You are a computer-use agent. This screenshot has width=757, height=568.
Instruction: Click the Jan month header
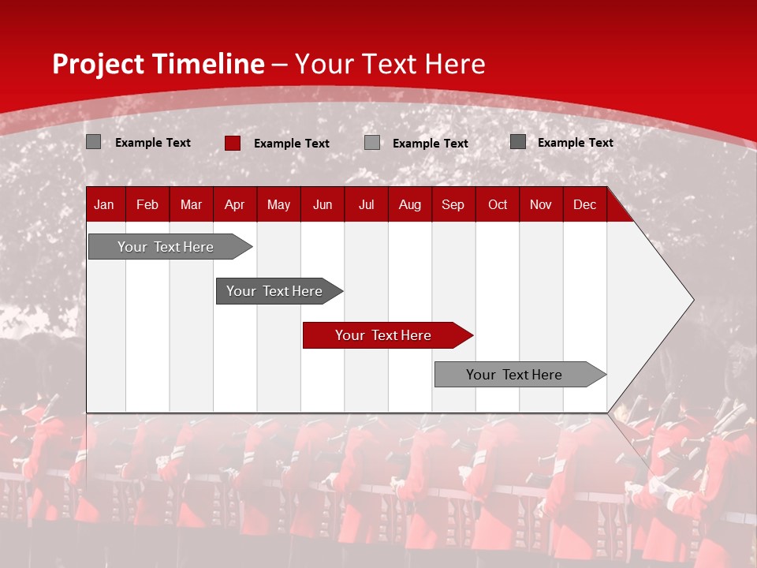pyautogui.click(x=104, y=204)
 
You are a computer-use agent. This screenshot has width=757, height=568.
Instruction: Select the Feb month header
pyautogui.click(x=147, y=204)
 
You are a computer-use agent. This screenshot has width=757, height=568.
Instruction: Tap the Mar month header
pyautogui.click(x=191, y=204)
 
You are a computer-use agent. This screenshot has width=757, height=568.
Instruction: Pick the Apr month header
pyautogui.click(x=234, y=204)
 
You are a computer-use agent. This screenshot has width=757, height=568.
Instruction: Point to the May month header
pyautogui.click(x=278, y=204)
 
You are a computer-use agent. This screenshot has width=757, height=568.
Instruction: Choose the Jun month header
pyautogui.click(x=323, y=204)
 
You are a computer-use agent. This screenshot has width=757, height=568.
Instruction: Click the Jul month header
pyautogui.click(x=366, y=204)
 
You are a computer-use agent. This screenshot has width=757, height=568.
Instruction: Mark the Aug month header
pyautogui.click(x=410, y=204)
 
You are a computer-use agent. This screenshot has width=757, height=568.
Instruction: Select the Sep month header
pyautogui.click(x=453, y=204)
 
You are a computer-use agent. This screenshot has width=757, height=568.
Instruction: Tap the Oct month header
pyautogui.click(x=498, y=204)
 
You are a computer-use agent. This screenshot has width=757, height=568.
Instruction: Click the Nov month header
pyautogui.click(x=541, y=204)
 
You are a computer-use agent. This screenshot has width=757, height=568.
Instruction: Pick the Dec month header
pyautogui.click(x=584, y=204)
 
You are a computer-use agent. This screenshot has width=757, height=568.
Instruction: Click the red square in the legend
pyautogui.click(x=233, y=143)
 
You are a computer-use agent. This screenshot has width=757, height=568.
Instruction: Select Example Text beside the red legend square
pyautogui.click(x=292, y=144)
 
